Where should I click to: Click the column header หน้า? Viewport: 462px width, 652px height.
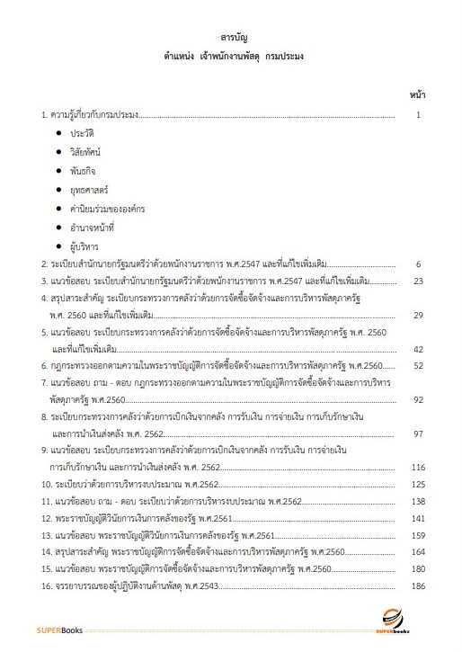(417, 94)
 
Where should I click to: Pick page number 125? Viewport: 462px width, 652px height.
(417, 484)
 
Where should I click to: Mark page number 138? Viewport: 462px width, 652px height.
(417, 501)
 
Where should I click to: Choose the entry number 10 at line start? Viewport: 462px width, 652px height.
(47, 484)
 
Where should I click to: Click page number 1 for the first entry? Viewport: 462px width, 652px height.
(418, 115)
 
